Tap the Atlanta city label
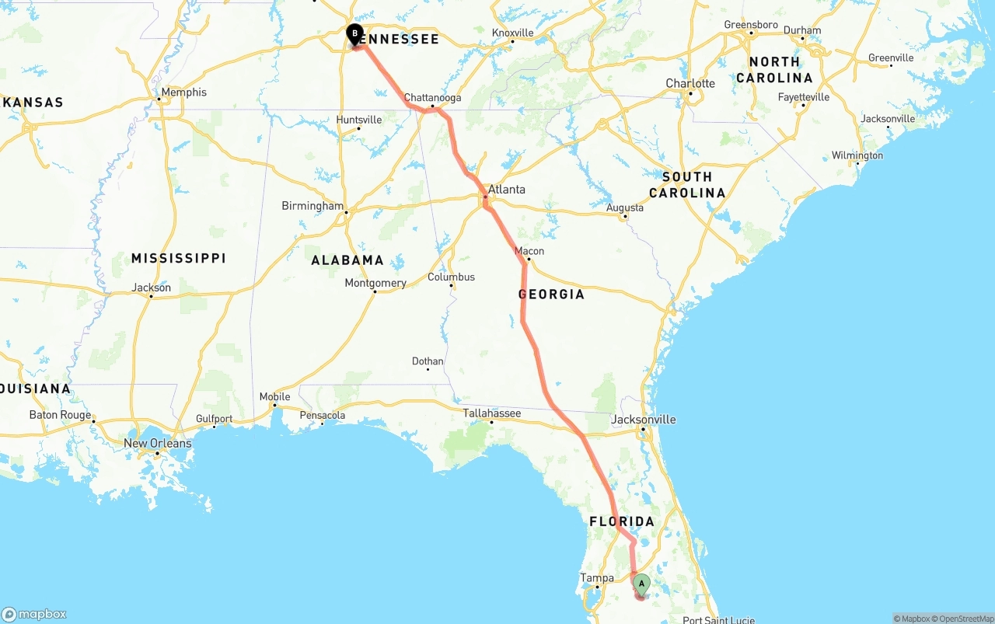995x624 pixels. [x=506, y=189]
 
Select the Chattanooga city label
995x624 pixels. [x=432, y=98]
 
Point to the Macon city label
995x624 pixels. [x=529, y=251]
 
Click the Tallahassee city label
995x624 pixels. [x=491, y=413]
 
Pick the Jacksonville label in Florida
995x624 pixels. [x=644, y=420]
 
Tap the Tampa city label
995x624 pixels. [x=597, y=577]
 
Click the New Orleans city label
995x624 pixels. [x=158, y=443]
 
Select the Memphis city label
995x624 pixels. [x=183, y=92]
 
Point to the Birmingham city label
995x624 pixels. [x=312, y=206]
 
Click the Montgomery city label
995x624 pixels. [x=375, y=283]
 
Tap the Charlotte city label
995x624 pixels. [x=690, y=83]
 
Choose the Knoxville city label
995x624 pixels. [x=513, y=33]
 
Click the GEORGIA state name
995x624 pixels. [x=551, y=295]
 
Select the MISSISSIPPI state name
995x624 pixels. [x=178, y=258]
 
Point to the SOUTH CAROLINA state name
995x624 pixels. [x=687, y=185]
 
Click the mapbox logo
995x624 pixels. [x=34, y=614]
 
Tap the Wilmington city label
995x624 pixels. [x=857, y=155]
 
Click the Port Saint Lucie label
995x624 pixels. [x=718, y=619]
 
